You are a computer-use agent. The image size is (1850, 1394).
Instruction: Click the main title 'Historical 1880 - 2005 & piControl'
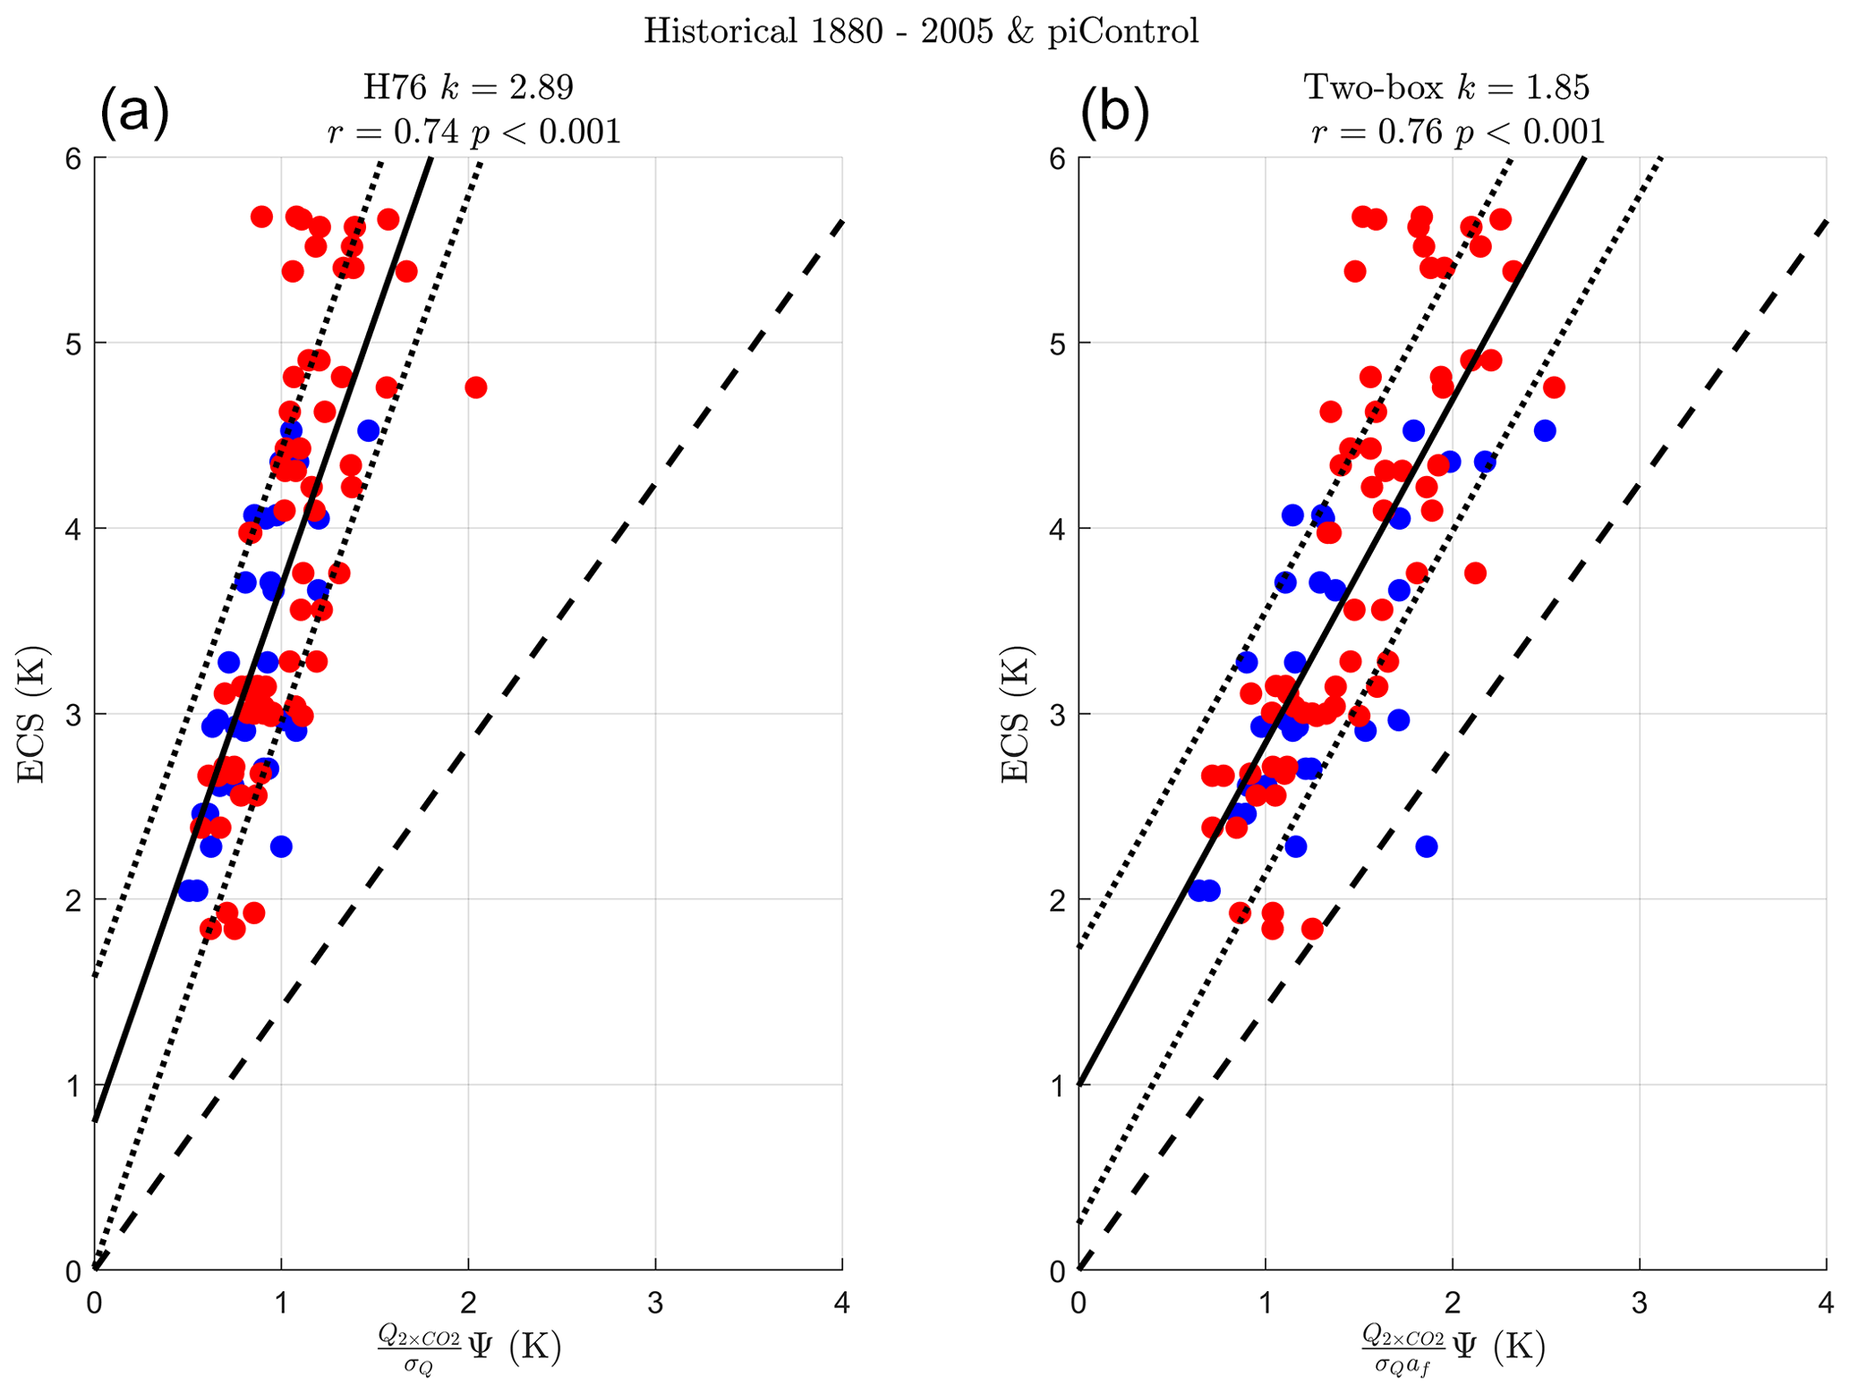[x=921, y=31]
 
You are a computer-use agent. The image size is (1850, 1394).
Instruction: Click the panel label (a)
[x=134, y=112]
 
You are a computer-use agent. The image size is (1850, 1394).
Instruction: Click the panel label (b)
[x=1114, y=112]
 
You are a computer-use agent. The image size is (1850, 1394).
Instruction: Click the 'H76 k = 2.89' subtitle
[x=467, y=88]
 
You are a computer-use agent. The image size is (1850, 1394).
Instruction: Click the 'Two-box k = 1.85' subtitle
[x=1447, y=88]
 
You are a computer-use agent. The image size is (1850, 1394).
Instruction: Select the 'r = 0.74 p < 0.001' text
[x=473, y=132]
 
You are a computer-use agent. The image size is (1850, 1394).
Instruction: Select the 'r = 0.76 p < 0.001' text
[x=1458, y=132]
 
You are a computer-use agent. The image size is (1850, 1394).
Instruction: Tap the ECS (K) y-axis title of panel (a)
[x=32, y=714]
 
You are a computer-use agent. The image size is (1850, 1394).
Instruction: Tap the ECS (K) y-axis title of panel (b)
[x=1015, y=714]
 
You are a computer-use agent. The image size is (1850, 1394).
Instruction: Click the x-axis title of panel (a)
[x=469, y=1347]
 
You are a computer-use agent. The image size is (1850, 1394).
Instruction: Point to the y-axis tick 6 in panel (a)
[x=73, y=158]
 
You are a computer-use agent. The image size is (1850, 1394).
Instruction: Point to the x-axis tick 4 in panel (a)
[x=842, y=1304]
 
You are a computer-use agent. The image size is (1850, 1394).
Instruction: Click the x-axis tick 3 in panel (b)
[x=1639, y=1304]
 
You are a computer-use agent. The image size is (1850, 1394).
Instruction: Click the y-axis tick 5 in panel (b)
[x=1057, y=344]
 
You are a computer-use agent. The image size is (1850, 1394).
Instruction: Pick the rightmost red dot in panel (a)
[x=475, y=387]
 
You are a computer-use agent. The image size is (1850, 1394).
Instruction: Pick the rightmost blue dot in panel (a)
[x=368, y=430]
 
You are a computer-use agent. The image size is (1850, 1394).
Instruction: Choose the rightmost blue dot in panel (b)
[x=1544, y=431]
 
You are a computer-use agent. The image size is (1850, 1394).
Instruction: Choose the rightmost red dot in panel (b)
[x=1554, y=387]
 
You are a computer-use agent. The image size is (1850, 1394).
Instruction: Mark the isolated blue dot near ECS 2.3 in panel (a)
[x=281, y=846]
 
